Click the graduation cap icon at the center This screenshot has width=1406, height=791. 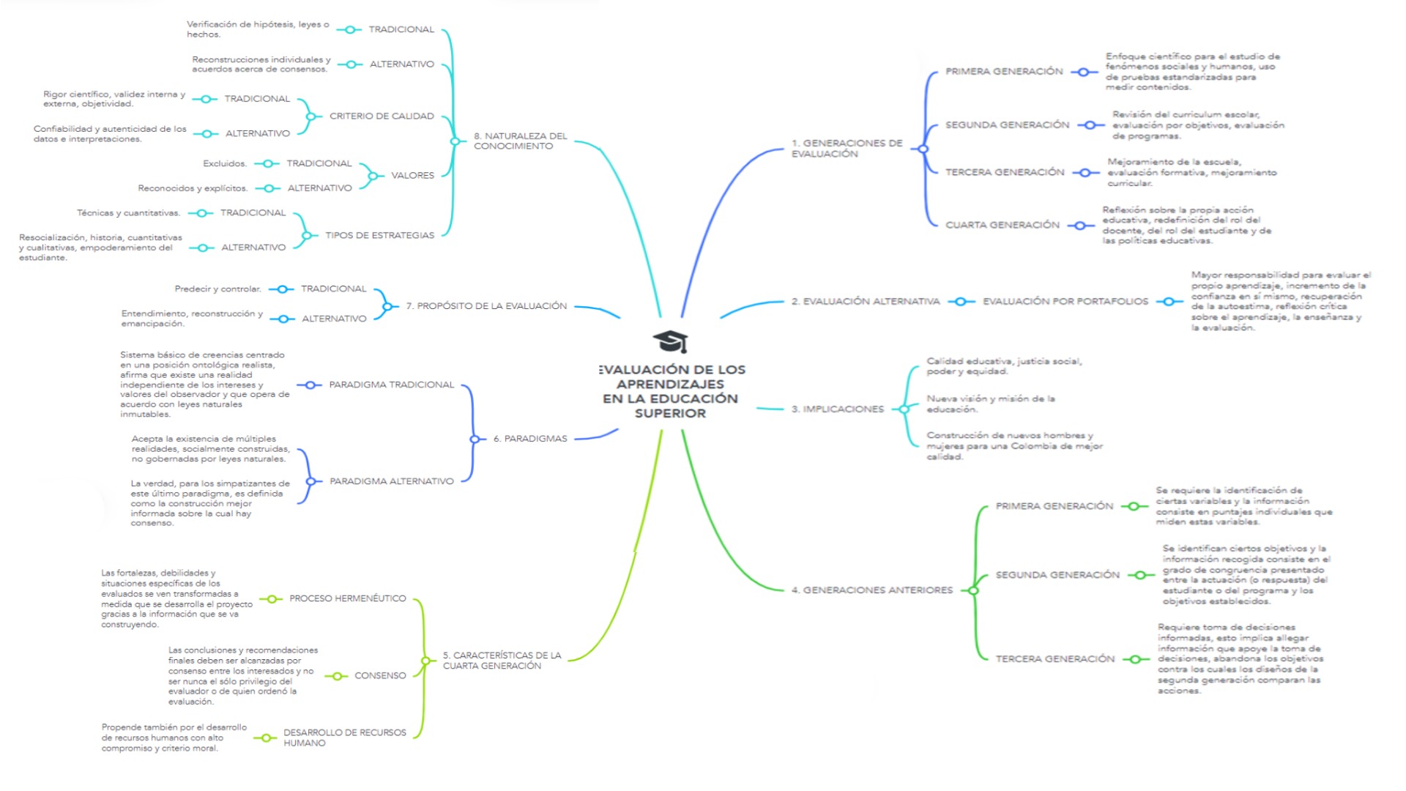[670, 341]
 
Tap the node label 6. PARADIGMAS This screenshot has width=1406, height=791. [530, 439]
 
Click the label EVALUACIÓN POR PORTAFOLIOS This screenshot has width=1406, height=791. [1065, 302]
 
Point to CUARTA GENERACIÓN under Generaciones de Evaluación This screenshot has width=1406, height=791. [1003, 225]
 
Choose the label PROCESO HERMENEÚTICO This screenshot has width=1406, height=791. [348, 598]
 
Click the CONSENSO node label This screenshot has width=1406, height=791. [380, 675]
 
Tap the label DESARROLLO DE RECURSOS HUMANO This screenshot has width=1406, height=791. [345, 738]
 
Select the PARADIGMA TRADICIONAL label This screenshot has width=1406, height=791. [392, 385]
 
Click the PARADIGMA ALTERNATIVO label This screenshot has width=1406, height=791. [392, 481]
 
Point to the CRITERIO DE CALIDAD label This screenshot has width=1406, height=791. [382, 116]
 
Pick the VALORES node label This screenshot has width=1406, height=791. [412, 176]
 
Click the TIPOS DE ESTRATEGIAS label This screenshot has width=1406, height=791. [380, 235]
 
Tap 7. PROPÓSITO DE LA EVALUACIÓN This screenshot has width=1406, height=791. [486, 306]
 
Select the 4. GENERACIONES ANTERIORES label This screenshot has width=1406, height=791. [872, 590]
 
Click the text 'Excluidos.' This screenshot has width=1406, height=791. [226, 163]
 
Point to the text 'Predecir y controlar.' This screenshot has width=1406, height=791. [218, 289]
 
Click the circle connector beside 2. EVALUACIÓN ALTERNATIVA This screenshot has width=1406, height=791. [961, 302]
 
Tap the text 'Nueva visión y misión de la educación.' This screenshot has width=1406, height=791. [991, 404]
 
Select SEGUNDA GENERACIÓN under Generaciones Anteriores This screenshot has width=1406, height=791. [1057, 575]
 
